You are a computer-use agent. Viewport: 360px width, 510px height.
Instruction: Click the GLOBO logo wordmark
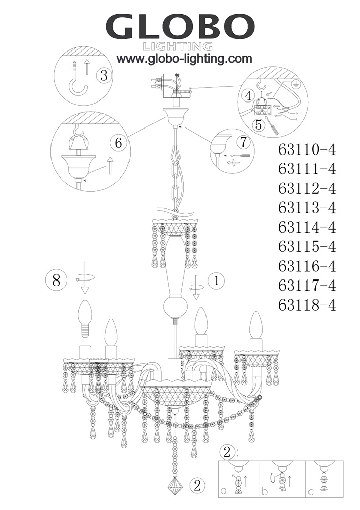click(x=180, y=27)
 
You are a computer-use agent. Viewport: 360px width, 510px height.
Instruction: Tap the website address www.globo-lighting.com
click(x=185, y=59)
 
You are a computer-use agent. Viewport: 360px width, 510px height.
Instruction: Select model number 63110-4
click(x=307, y=150)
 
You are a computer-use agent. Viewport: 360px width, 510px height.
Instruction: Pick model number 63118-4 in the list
click(x=307, y=305)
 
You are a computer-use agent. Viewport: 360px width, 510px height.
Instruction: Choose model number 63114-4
click(x=307, y=227)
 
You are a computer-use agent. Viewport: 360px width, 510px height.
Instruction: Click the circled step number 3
click(x=104, y=75)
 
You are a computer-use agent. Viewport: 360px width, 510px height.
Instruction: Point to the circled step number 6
click(x=118, y=143)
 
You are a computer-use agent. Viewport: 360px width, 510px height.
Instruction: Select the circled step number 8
click(x=56, y=279)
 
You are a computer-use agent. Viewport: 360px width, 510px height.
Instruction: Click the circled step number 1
click(x=217, y=280)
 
